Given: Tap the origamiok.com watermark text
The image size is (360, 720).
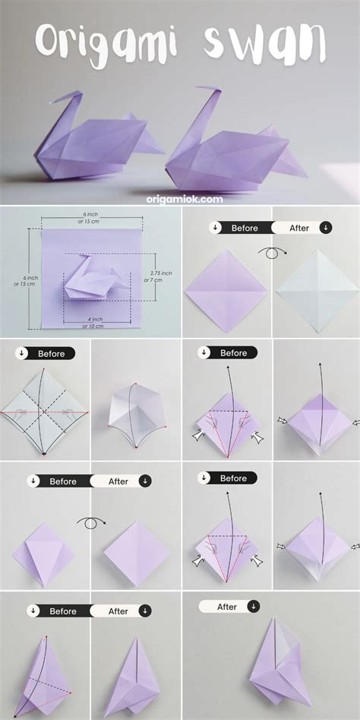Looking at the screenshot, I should click(x=185, y=198).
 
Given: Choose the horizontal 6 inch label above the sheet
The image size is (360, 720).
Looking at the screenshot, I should click(x=90, y=218).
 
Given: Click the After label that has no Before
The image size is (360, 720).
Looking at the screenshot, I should click(x=229, y=607).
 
